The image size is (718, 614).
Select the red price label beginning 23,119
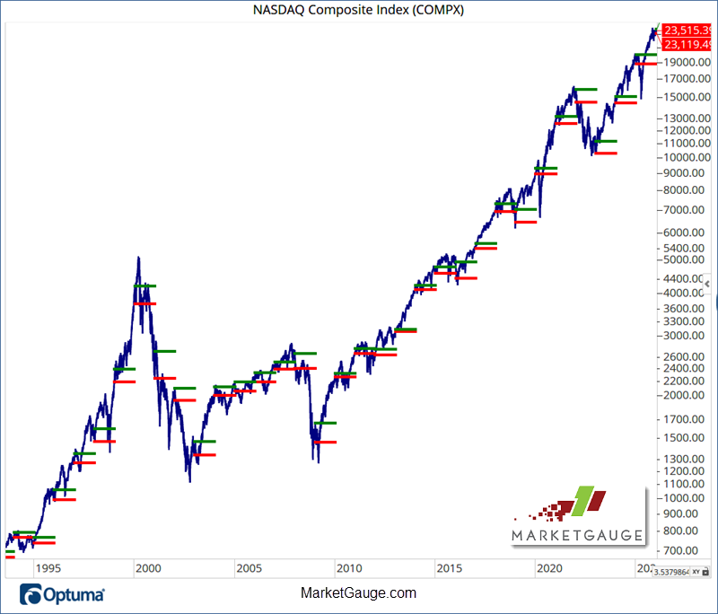tap(688, 44)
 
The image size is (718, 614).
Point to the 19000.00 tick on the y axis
tap(687, 62)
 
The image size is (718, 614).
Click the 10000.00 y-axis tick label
tap(687, 157)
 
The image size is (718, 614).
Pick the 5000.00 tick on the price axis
tap(687, 259)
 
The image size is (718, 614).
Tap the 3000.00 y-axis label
tap(687, 335)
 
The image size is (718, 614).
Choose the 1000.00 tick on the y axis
tap(687, 497)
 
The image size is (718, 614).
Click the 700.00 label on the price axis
tap(687, 550)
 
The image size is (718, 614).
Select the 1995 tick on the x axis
tap(48, 568)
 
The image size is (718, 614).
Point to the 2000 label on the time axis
tap(147, 568)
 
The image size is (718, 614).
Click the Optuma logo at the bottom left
tap(63, 594)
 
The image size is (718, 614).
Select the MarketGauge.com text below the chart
tap(358, 593)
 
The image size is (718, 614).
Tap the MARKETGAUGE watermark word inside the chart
tap(578, 536)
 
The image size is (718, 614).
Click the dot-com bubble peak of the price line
tap(137, 258)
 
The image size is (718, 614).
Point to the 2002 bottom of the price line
tap(189, 481)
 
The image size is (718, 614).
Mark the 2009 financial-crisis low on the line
tap(318, 461)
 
